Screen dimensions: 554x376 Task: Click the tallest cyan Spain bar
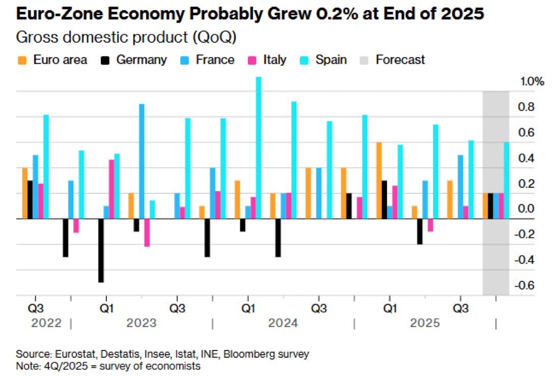(259, 148)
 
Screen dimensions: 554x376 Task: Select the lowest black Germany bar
(101, 251)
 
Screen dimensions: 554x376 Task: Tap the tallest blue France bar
(142, 161)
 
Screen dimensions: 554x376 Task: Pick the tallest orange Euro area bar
(379, 181)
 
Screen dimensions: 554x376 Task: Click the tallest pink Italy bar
(112, 189)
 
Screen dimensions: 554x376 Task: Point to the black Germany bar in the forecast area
(490, 206)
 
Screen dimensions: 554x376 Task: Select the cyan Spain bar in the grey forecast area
(506, 181)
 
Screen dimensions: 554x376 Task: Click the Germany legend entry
(134, 60)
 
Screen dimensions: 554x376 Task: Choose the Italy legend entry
(267, 60)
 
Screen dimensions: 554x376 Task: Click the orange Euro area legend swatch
(22, 61)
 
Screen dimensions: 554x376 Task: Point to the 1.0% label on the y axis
(532, 81)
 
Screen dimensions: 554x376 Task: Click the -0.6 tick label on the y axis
(524, 285)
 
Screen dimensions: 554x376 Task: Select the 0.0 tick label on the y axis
(526, 209)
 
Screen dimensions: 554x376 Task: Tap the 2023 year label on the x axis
(142, 323)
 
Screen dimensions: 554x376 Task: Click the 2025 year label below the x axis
(425, 323)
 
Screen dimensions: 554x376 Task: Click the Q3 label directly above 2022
(36, 308)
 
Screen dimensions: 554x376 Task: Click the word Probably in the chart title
(228, 14)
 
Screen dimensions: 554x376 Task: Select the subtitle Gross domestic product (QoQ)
(126, 37)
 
